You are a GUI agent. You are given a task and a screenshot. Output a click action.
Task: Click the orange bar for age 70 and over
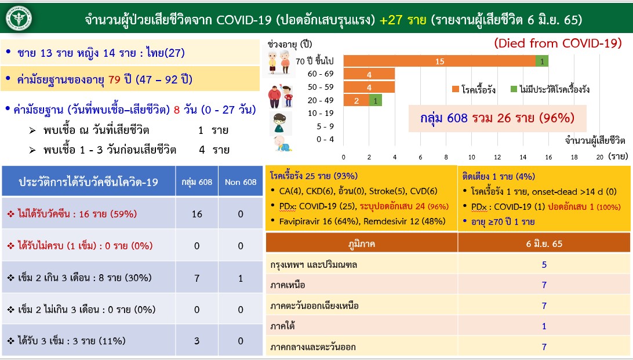tap(439, 61)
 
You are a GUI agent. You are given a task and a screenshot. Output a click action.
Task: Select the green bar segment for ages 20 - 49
tap(376, 100)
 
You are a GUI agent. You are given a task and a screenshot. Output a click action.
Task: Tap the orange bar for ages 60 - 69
tap(369, 74)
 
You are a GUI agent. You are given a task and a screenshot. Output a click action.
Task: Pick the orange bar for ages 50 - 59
tap(369, 87)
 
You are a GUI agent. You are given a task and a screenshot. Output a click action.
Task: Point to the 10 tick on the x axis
tap(472, 157)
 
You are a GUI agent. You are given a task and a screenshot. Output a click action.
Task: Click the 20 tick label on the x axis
tap(599, 157)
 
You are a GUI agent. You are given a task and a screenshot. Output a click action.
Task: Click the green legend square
tap(514, 89)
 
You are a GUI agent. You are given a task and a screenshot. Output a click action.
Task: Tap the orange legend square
tap(456, 89)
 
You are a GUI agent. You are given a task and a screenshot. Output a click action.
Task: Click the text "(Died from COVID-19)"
tap(558, 43)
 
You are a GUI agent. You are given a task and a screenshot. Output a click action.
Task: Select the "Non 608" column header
tap(241, 182)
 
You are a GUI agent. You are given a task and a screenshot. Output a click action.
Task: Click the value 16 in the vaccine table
tap(197, 214)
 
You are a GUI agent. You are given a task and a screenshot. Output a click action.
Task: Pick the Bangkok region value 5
tap(544, 265)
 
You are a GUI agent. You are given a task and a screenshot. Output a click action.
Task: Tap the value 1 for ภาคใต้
tap(544, 326)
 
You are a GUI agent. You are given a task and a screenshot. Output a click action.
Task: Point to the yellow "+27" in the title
tap(392, 20)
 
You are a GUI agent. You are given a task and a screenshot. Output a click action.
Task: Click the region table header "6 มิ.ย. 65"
tap(544, 243)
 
